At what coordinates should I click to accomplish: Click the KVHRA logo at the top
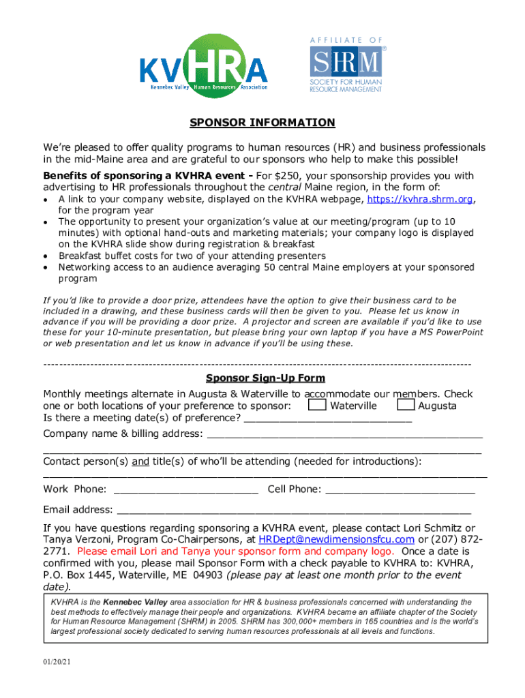(x=203, y=64)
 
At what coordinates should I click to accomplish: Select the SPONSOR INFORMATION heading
(x=262, y=123)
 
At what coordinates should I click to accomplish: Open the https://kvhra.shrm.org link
(x=420, y=200)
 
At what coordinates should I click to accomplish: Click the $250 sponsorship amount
(x=282, y=176)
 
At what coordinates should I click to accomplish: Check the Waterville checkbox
(x=316, y=406)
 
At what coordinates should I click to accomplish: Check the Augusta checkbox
(x=406, y=406)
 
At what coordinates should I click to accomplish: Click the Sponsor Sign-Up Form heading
(x=265, y=378)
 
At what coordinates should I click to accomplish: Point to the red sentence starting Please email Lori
(x=235, y=551)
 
